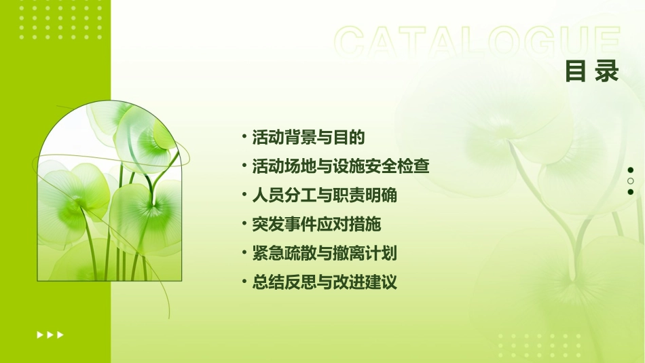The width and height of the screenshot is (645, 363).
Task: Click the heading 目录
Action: [592, 71]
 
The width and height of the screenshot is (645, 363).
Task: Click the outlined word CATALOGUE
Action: [477, 42]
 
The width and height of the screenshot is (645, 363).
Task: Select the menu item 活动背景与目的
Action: [308, 137]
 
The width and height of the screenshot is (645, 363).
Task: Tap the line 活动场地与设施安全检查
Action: [341, 166]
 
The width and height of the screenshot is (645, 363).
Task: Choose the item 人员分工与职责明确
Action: [325, 195]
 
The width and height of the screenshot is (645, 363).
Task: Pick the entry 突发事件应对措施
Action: [316, 225]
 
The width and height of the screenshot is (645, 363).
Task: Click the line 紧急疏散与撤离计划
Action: [325, 254]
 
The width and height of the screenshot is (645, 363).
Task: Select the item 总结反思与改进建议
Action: [325, 282]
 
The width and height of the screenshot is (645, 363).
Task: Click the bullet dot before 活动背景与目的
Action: [244, 136]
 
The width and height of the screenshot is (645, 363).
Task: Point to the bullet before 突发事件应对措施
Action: [244, 224]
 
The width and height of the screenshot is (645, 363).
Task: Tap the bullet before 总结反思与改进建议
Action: [244, 282]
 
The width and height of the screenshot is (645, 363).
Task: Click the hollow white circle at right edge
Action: [630, 181]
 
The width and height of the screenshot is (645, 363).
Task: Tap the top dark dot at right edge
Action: [630, 170]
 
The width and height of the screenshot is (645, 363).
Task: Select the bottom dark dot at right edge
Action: [630, 192]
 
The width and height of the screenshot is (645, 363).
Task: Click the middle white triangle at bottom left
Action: [50, 335]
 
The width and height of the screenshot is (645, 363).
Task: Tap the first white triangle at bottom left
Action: [39, 335]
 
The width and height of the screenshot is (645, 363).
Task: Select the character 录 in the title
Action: [607, 71]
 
